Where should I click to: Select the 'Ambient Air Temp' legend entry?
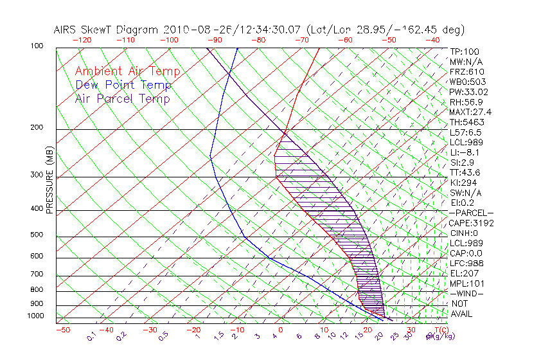[x=127, y=71]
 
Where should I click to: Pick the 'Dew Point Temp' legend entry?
[x=123, y=85]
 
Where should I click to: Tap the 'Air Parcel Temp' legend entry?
[x=122, y=98]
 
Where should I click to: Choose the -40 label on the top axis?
[x=433, y=40]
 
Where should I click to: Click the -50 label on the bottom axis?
[x=63, y=330]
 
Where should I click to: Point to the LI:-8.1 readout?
[x=465, y=152]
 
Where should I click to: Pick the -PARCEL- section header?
[x=471, y=213]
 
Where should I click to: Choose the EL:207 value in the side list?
[x=464, y=273]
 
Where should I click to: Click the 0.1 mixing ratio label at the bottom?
[x=91, y=336]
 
